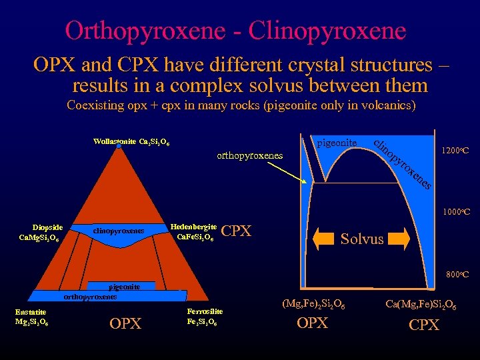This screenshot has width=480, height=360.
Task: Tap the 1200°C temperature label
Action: point(455,151)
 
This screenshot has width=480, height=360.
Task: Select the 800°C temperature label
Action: point(457,274)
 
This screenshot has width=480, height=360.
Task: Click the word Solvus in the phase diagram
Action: point(362,239)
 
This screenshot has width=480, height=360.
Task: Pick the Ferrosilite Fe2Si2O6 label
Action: point(205,317)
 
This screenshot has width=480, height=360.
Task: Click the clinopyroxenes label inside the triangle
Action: point(119,231)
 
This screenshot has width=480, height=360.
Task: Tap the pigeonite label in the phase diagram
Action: point(337,143)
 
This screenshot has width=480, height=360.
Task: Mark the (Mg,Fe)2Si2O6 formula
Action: point(313,305)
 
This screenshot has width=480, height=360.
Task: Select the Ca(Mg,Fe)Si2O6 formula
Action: point(421,305)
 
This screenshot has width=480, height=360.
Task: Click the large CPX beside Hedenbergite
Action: point(235,231)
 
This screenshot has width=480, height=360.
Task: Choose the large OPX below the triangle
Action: point(125,324)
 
